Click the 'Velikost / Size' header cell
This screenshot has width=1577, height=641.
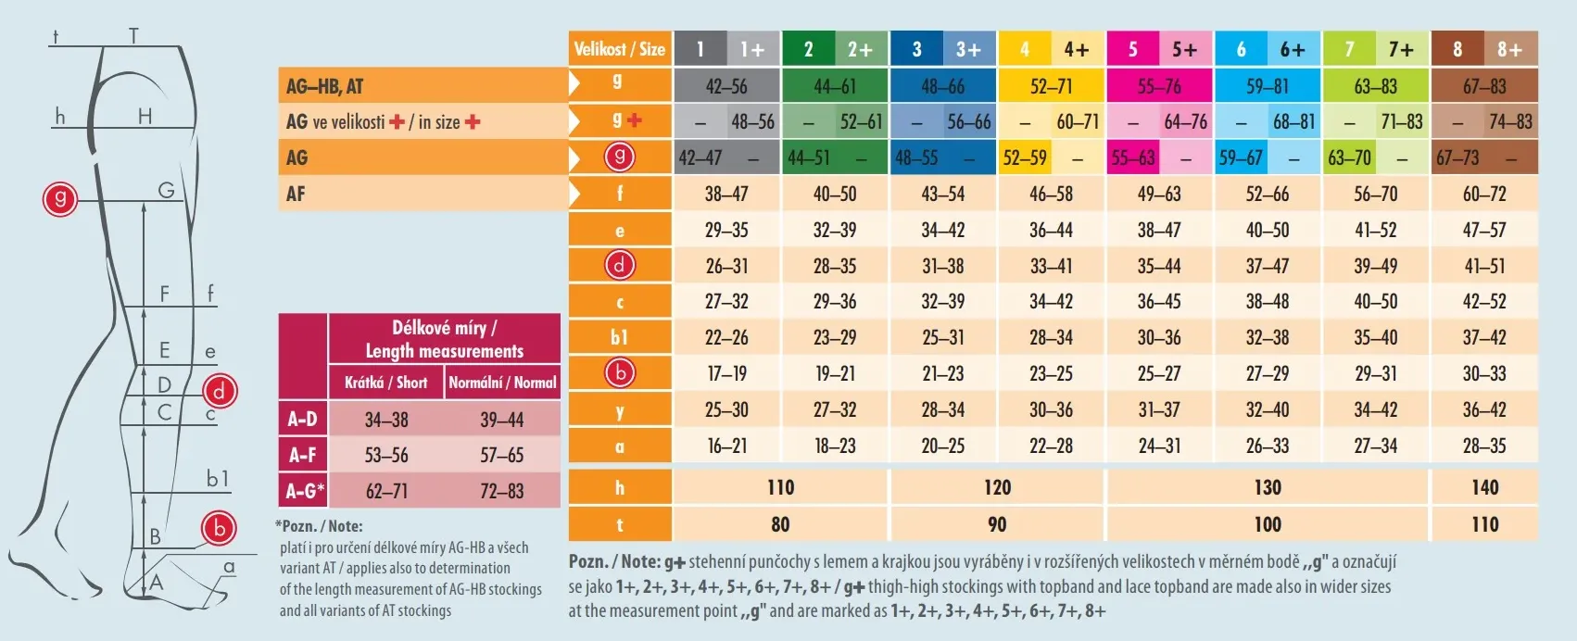619,49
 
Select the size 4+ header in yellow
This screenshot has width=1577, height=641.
1076,49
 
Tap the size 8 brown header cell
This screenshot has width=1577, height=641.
1457,49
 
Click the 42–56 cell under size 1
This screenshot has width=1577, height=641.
726,86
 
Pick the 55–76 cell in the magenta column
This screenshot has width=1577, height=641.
1159,86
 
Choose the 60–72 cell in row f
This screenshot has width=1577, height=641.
1484,194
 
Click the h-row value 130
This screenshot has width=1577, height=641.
1268,487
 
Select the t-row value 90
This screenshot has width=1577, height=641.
997,524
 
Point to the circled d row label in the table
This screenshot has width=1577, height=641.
620,266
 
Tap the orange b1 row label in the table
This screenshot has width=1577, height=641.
620,337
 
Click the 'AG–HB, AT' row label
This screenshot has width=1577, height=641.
325,86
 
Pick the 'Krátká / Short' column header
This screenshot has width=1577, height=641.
385,382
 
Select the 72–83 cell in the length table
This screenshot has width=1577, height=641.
502,491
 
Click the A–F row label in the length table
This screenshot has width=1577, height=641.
303,455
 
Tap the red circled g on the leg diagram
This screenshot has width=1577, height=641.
60,198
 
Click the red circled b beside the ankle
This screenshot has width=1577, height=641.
220,528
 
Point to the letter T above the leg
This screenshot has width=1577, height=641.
134,37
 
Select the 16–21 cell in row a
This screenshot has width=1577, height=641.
726,446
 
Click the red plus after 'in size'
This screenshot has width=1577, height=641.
473,121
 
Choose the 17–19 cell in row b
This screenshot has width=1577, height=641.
726,373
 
